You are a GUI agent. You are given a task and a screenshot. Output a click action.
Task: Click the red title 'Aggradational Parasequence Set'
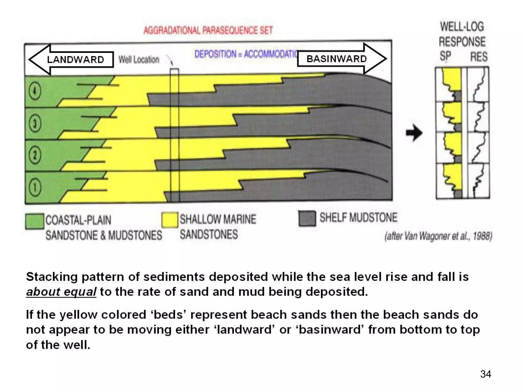208,30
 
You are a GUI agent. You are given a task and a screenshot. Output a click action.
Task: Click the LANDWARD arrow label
76,60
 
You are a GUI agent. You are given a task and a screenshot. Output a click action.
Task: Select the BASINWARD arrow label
337,59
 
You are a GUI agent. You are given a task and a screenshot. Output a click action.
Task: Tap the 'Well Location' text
139,60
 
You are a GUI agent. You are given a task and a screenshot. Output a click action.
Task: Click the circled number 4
35,91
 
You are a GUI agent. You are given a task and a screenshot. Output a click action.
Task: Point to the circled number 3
35,124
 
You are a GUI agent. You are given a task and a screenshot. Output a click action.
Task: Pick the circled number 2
35,155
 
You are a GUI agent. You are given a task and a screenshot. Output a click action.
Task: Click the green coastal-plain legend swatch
34,221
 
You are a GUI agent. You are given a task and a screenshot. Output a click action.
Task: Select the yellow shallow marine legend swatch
170,220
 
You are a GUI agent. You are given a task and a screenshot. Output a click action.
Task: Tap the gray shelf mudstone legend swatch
307,218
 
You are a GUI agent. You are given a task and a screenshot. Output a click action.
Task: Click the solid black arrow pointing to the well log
414,133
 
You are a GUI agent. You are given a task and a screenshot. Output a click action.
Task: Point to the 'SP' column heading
445,56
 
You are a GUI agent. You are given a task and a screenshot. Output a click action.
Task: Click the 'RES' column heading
479,57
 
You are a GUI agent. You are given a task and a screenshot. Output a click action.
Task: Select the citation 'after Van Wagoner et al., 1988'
438,236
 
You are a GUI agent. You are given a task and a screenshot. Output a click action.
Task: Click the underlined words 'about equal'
61,292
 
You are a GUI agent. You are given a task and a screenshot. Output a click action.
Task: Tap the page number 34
485,374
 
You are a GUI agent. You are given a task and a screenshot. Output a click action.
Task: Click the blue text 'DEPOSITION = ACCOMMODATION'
245,54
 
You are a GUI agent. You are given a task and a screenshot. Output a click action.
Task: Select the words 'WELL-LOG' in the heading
462,27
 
